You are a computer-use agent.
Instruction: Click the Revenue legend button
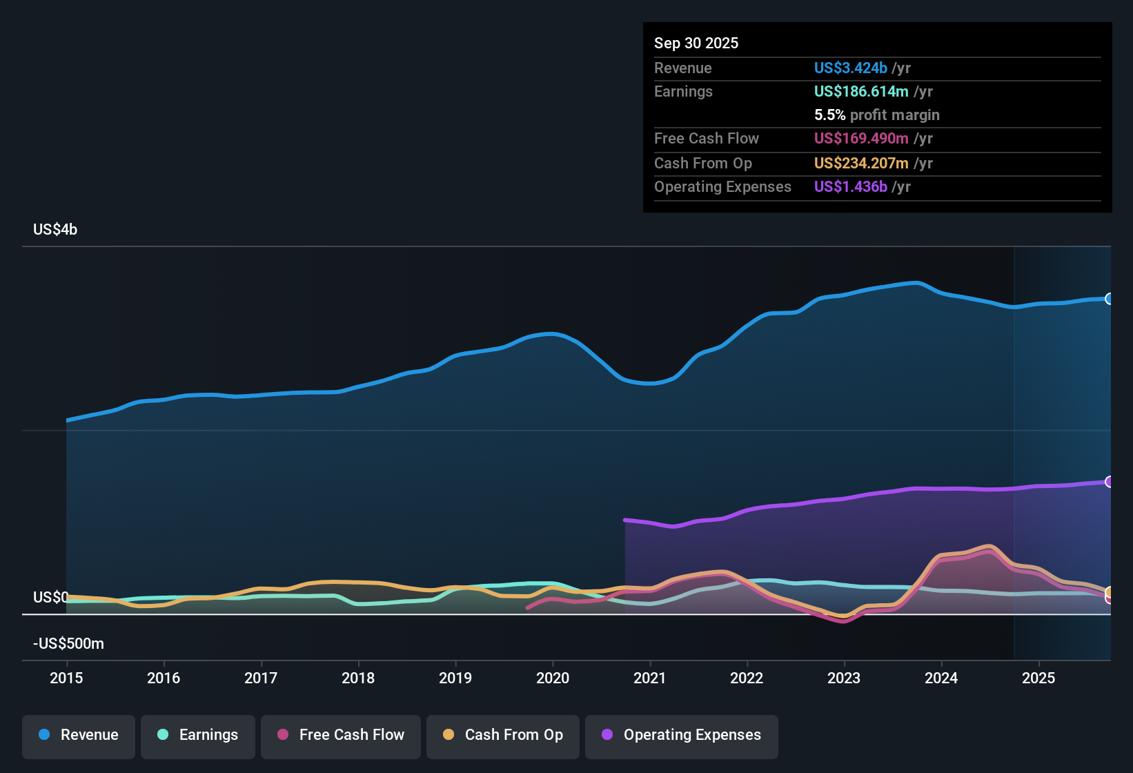tap(79, 735)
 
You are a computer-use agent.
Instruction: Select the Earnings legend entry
tap(198, 735)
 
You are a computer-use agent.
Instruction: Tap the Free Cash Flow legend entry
tap(341, 735)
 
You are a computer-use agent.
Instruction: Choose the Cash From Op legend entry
tap(503, 735)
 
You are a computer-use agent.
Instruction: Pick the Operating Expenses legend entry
tap(682, 735)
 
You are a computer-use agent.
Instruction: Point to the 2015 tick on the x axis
tap(66, 678)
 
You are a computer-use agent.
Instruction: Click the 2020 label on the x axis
tap(553, 678)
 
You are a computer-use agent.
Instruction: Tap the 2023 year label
tap(844, 678)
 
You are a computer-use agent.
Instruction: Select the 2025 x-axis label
tap(1038, 678)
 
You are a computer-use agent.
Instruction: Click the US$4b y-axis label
tap(55, 230)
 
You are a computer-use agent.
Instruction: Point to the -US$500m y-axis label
tap(68, 644)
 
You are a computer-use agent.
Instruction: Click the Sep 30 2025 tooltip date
tap(696, 43)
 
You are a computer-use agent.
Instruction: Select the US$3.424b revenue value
tap(850, 68)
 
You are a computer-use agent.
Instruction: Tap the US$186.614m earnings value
tap(860, 92)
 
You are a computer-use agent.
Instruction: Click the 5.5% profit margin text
tap(876, 115)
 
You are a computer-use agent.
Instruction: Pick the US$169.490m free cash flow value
tap(860, 139)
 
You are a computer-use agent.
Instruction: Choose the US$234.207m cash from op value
tap(860, 164)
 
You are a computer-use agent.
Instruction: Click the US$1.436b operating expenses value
tap(850, 187)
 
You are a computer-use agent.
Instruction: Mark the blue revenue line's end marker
tap(1110, 299)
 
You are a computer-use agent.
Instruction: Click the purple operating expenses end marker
tap(1110, 482)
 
